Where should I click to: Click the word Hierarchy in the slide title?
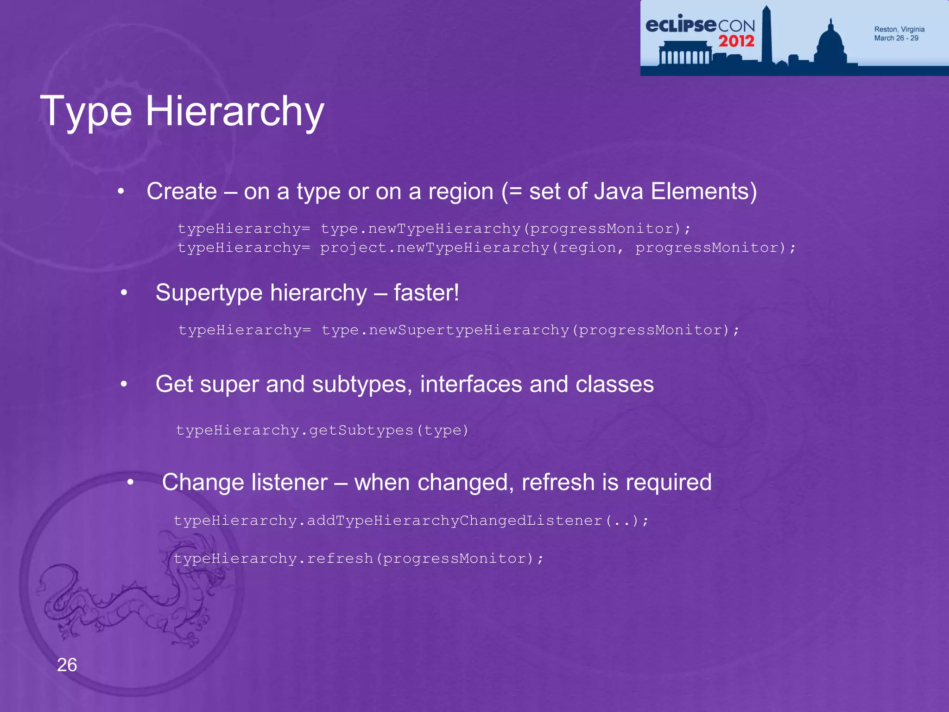coord(234,111)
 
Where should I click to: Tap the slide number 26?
coord(67,665)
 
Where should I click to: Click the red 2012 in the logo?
coord(736,41)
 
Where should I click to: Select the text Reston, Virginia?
coord(899,29)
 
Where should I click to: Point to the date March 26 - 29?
coord(896,38)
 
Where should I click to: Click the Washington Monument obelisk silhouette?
coord(766,35)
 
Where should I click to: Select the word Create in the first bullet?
coord(182,191)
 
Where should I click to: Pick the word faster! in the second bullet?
coord(426,292)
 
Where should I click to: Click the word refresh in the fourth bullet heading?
coord(558,482)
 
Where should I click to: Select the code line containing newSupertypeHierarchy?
coord(459,330)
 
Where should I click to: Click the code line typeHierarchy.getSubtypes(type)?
coord(322,430)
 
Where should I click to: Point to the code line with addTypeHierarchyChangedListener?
coord(411,521)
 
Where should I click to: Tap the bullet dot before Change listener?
coord(131,483)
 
